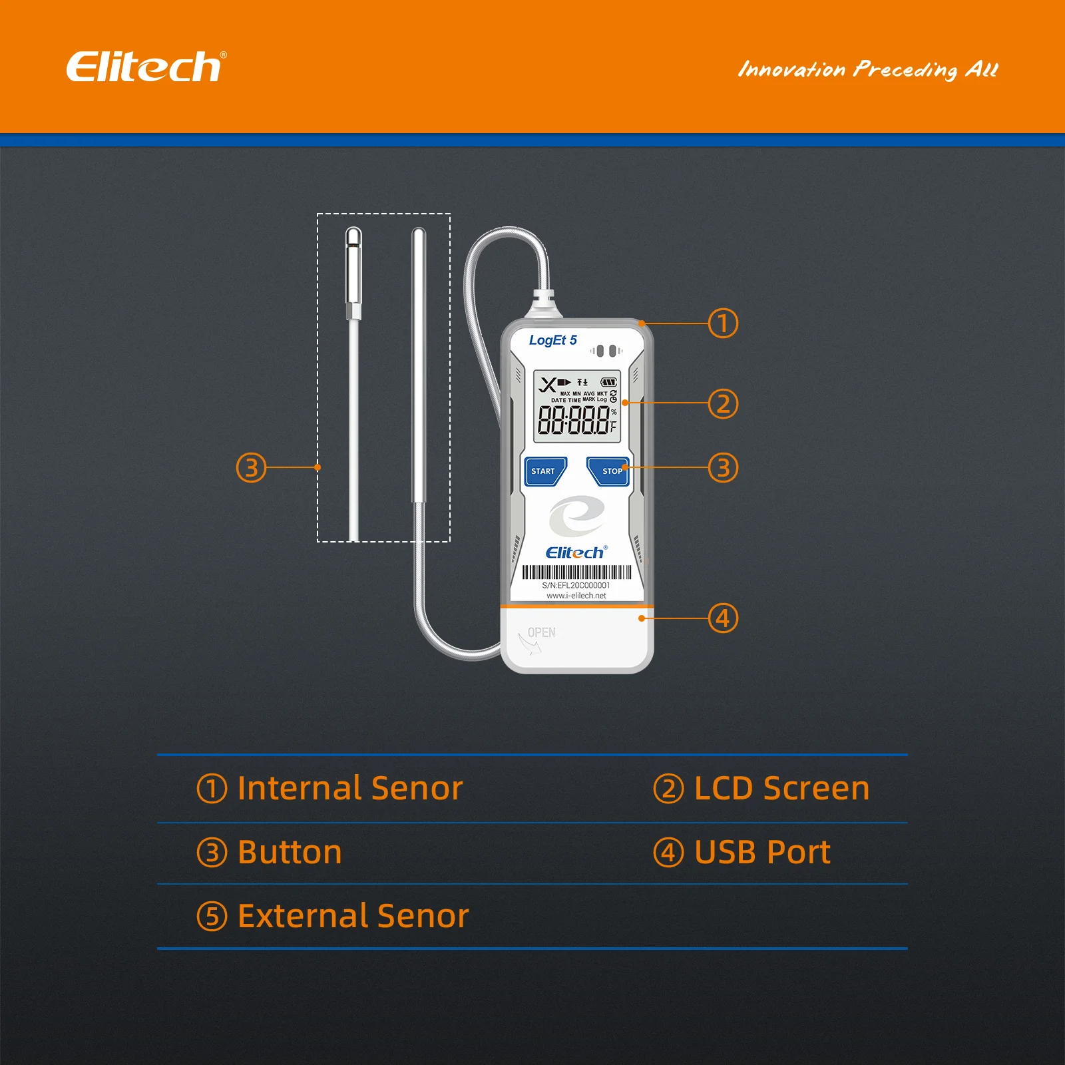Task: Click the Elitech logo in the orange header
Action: (x=146, y=67)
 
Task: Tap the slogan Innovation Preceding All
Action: (x=868, y=69)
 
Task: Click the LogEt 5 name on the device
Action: (x=552, y=340)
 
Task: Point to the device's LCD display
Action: (x=577, y=407)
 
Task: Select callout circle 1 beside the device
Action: (x=723, y=323)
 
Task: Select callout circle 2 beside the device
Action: (x=723, y=404)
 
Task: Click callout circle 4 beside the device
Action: (x=723, y=618)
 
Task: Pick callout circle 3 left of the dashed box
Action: (x=251, y=468)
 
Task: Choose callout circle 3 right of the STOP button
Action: (x=723, y=468)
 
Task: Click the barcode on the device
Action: (x=576, y=572)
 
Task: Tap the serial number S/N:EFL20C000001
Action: (x=576, y=586)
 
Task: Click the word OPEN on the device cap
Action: (x=541, y=632)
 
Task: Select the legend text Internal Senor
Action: (x=349, y=788)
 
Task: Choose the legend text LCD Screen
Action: (x=781, y=788)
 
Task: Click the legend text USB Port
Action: (x=762, y=852)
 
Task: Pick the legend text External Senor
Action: (x=353, y=916)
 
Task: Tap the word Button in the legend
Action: (x=290, y=852)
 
